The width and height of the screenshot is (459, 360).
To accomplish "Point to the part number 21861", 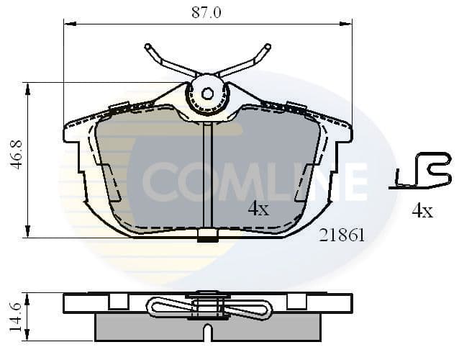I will pos(342,235).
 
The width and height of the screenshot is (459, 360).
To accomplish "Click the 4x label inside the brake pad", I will pos(258,210).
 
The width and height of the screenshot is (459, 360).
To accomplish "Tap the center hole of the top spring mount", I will pos(207,93).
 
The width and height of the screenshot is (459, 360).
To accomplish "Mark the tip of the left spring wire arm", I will pos(147,48).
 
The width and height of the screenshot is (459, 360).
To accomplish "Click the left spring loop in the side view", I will pos(165,307).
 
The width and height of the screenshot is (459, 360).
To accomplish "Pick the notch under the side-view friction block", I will pos(207,333).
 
